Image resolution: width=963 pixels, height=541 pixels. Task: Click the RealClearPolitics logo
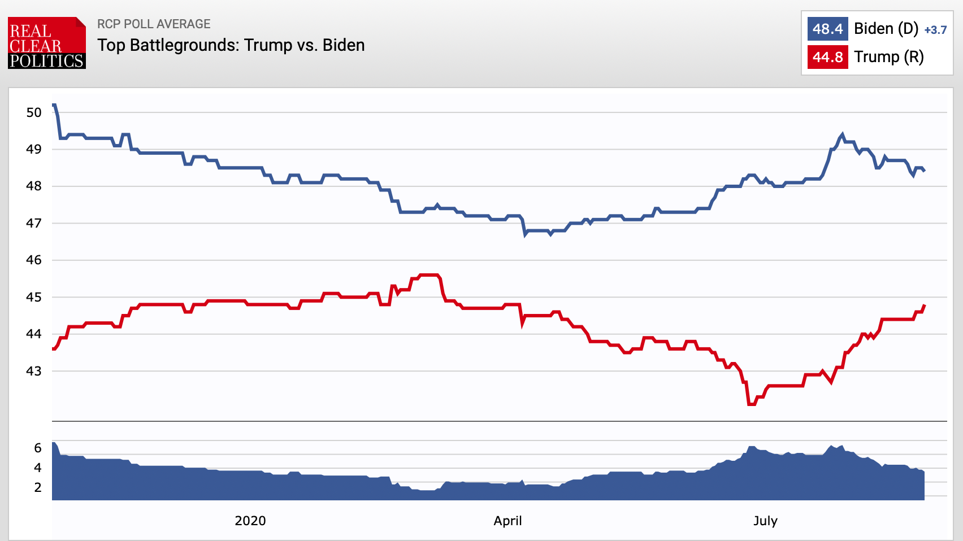coord(47,43)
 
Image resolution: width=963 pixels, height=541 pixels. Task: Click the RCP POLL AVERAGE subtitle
coord(154,24)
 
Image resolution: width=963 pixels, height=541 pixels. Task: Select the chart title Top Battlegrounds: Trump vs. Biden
coord(231,45)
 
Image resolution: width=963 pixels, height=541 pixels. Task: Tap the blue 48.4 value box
coord(827,29)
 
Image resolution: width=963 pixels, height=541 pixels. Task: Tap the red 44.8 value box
coord(827,57)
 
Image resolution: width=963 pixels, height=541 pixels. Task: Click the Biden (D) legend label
coord(886,29)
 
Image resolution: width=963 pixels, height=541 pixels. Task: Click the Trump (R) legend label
coord(888,57)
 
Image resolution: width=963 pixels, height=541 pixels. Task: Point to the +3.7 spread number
coord(935,30)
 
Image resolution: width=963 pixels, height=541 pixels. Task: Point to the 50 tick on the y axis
coord(34,112)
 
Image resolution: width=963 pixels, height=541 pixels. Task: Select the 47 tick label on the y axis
coord(34,223)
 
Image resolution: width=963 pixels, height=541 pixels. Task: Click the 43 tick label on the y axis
coord(34,371)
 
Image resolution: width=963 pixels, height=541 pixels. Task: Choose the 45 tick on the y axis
coord(34,297)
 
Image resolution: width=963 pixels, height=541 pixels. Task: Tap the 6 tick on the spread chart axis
coord(38,448)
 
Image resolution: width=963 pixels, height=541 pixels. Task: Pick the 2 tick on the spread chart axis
coord(38,487)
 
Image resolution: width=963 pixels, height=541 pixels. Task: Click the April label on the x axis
coord(507,521)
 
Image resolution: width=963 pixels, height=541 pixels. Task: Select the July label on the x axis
coord(765,521)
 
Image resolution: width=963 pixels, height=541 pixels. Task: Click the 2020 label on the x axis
coord(250,521)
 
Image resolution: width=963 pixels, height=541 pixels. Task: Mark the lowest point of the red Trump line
coord(751,404)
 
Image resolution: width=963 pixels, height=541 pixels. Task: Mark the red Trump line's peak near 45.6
coord(430,275)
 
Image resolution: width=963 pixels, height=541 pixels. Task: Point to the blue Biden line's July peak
coord(842,134)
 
